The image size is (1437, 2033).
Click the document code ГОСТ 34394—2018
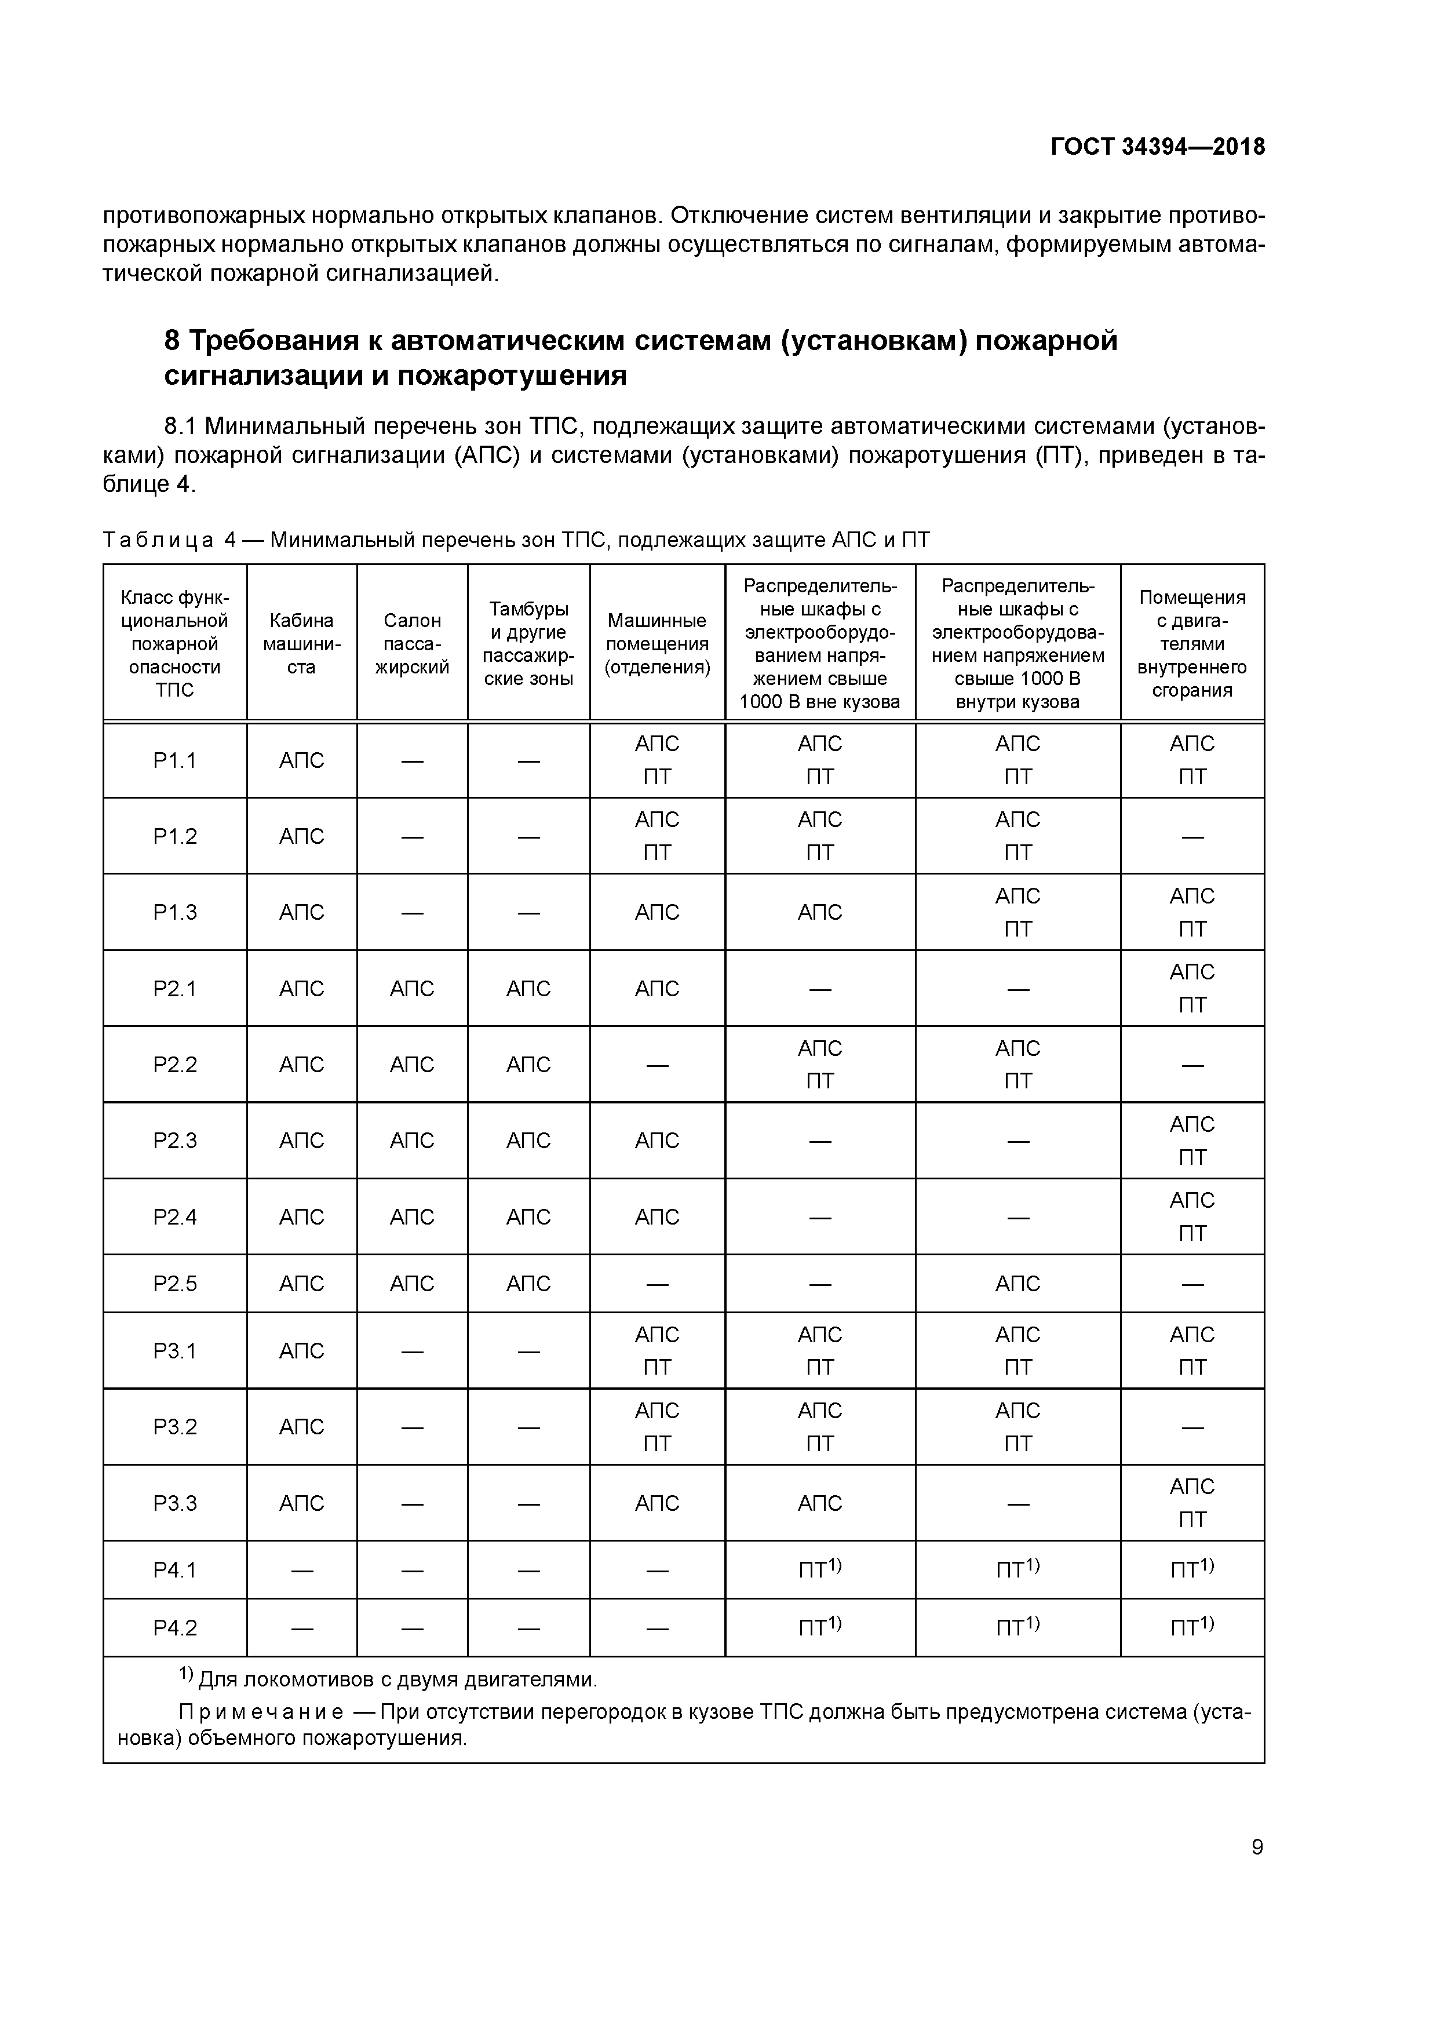pos(1157,147)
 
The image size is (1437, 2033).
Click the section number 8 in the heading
pos(173,340)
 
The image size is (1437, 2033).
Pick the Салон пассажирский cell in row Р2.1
pos(412,988)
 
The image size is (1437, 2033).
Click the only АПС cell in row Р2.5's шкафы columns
pos(1017,1283)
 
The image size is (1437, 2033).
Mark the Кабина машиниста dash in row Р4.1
pos(301,1570)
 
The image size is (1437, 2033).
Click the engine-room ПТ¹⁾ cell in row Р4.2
pos(1192,1627)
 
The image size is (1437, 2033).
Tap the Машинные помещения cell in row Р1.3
pos(657,912)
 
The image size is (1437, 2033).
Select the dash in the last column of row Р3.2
pos(1192,1427)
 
